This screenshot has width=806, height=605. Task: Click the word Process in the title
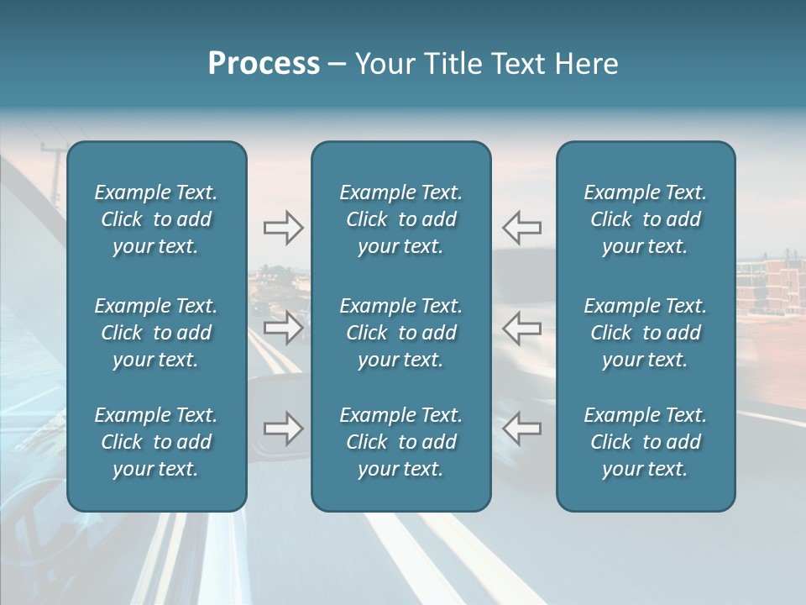click(264, 64)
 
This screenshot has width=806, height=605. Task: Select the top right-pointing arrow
click(283, 228)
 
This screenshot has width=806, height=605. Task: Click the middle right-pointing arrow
click(283, 328)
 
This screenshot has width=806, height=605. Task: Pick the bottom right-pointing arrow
click(283, 429)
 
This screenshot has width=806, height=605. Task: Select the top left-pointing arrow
click(522, 228)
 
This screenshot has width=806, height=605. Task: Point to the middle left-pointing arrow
click(522, 328)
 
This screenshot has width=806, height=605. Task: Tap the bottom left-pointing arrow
click(522, 429)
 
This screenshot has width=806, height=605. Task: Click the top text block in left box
click(156, 219)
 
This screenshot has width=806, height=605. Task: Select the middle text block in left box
click(156, 333)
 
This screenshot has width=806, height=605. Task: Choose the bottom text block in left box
click(156, 442)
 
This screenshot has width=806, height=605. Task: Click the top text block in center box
click(400, 219)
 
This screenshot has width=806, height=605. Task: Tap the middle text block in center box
click(400, 333)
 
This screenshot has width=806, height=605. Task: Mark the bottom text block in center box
click(400, 442)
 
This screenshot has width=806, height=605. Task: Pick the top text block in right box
click(645, 219)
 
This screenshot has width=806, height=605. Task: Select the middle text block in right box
click(645, 333)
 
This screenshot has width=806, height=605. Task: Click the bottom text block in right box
click(645, 442)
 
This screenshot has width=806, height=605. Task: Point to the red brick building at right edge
click(771, 286)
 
